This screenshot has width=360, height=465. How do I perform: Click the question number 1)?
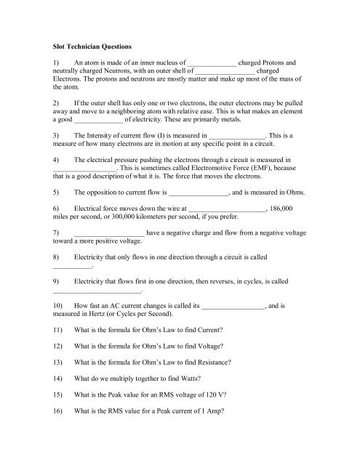pyautogui.click(x=57, y=62)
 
